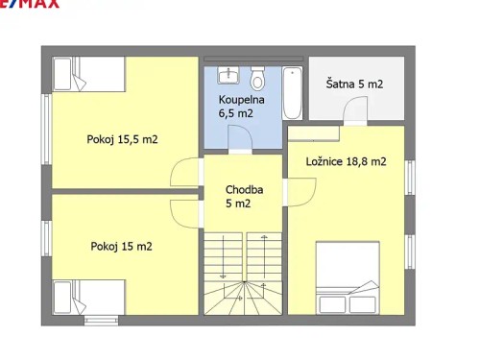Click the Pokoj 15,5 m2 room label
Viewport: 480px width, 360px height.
[x=123, y=139]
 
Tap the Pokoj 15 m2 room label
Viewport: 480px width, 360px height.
[x=121, y=247]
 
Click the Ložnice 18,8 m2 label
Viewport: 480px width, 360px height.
[x=346, y=161]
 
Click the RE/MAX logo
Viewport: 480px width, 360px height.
[x=29, y=4]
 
